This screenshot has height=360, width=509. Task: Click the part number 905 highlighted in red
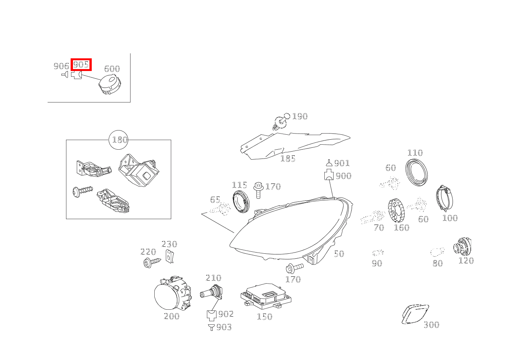(x=81, y=64)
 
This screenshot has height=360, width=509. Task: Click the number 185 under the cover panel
(x=288, y=159)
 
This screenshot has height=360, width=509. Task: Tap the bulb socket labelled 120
(x=462, y=247)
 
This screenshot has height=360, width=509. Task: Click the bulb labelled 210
(x=211, y=294)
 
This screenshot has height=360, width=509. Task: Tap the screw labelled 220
(x=152, y=263)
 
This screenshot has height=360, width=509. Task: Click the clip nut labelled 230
(x=169, y=256)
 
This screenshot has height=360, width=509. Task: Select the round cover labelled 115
(x=241, y=201)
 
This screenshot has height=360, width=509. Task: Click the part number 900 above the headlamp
(x=343, y=176)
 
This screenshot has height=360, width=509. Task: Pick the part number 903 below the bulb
(x=224, y=327)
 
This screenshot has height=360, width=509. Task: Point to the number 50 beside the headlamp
(x=339, y=254)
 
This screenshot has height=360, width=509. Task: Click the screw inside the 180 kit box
(x=82, y=191)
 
